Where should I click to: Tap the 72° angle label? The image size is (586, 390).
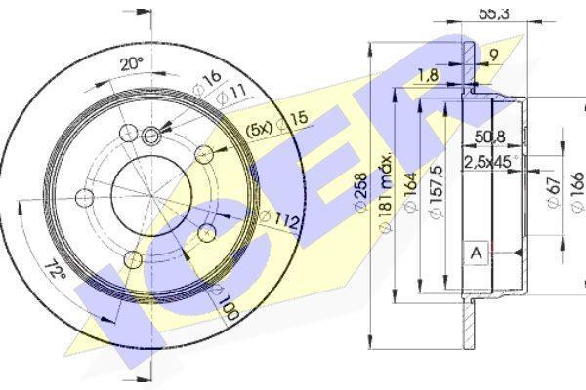[x=55, y=270]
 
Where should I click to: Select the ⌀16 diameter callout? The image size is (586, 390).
[x=207, y=83]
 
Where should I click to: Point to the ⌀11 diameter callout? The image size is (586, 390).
[x=231, y=95]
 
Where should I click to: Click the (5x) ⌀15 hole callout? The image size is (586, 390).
[x=277, y=124]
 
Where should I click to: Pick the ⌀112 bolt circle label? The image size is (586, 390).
[x=280, y=219]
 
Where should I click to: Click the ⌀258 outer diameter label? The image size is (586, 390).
[x=361, y=192]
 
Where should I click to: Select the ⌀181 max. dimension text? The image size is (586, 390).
[x=385, y=193]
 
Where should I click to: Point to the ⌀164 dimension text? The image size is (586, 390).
[x=410, y=192]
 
